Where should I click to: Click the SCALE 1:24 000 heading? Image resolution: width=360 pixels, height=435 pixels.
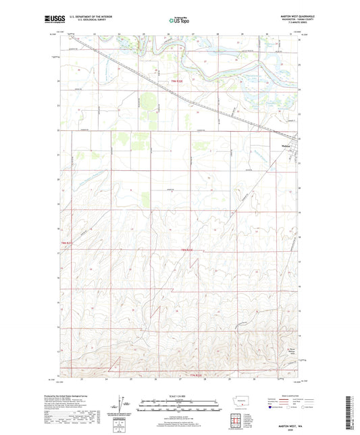pos(180,396)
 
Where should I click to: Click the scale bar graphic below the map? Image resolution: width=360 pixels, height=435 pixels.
pos(180,407)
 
